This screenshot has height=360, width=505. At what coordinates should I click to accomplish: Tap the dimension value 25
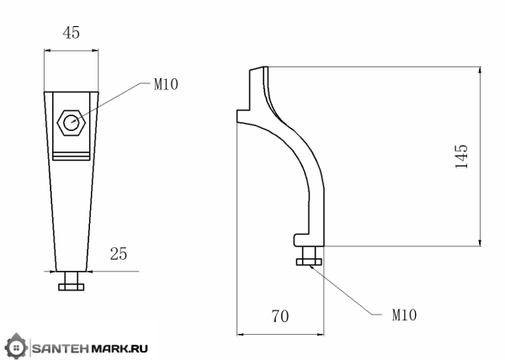[x=119, y=253]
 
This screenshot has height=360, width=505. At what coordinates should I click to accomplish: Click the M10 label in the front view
[x=166, y=84]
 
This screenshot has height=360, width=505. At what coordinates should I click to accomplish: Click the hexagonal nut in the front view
[x=70, y=124]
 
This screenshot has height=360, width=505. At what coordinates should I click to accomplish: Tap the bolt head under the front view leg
[x=71, y=287]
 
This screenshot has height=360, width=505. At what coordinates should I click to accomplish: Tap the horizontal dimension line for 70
[x=281, y=330]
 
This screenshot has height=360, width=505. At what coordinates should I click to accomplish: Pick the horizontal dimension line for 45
[x=71, y=50]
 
